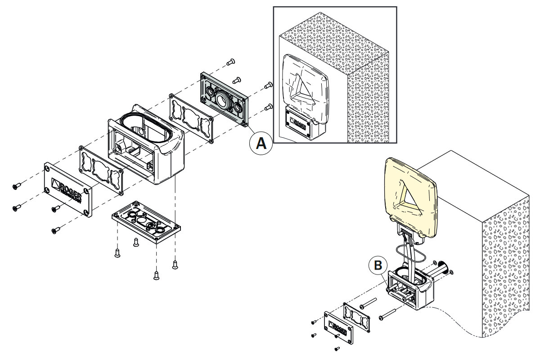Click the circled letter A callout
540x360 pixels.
pyautogui.click(x=261, y=143)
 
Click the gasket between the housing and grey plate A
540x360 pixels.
pyautogui.click(x=191, y=118)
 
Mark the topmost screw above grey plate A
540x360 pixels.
pyautogui.click(x=231, y=61)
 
